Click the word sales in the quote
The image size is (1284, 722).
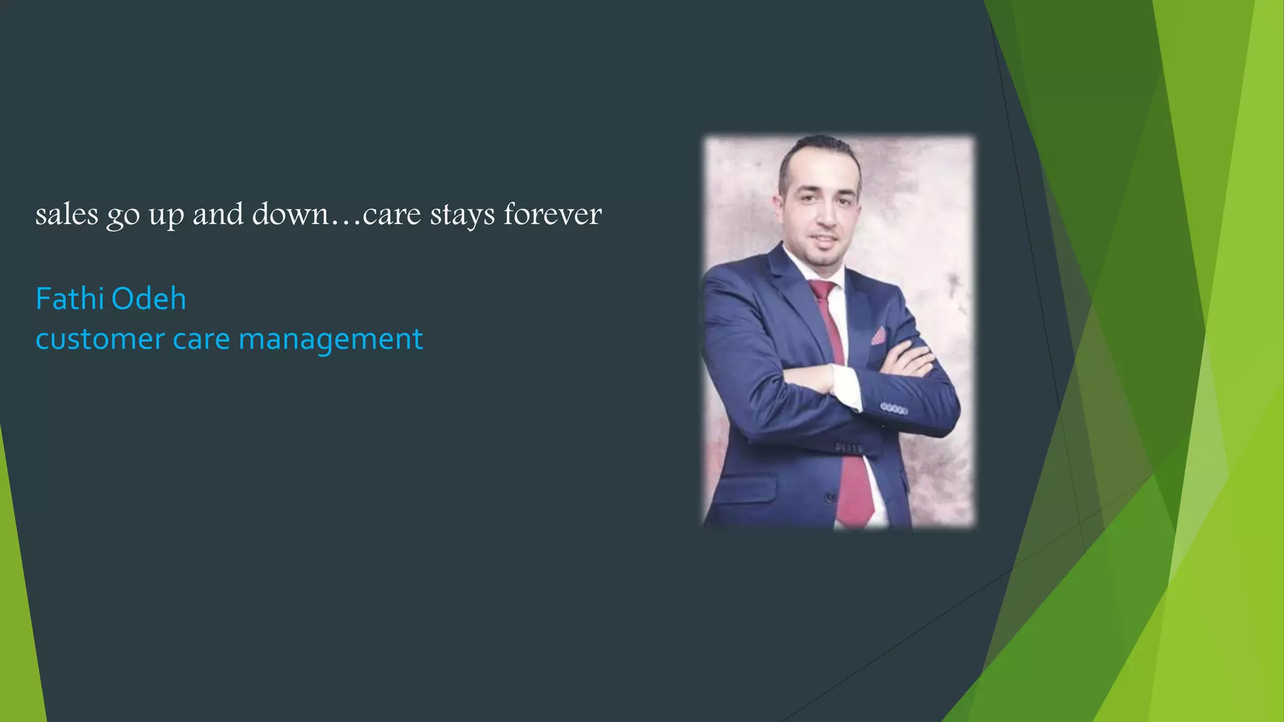[66, 214]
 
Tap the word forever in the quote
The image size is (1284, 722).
[552, 214]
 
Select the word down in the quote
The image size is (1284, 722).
[290, 214]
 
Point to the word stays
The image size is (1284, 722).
[462, 214]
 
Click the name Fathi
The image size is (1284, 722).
[67, 299]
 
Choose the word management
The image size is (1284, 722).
[330, 339]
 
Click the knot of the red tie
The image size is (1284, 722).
[822, 290]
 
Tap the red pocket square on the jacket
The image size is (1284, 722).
[878, 336]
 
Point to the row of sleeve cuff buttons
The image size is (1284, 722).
[893, 409]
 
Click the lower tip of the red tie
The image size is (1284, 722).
[856, 521]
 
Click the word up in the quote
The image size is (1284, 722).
[166, 214]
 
